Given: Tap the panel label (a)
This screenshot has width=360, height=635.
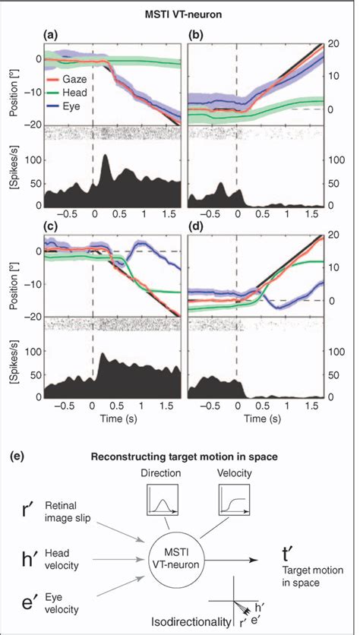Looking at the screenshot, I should coord(51,36).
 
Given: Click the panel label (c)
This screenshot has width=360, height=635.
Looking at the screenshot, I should coord(51,228).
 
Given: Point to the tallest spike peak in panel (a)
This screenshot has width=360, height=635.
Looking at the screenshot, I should coord(104,156).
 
